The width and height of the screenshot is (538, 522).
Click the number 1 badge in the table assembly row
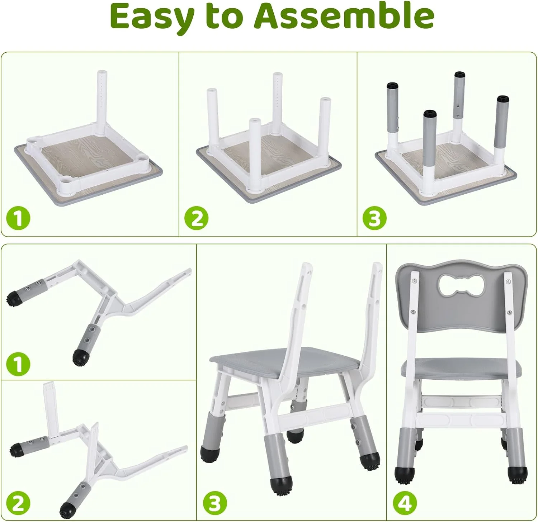click(18, 218)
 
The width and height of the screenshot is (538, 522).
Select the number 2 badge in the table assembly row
click(197, 218)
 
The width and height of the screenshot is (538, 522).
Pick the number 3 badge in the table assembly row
click(374, 218)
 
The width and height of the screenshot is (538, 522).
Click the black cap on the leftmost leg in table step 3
click(392, 86)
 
